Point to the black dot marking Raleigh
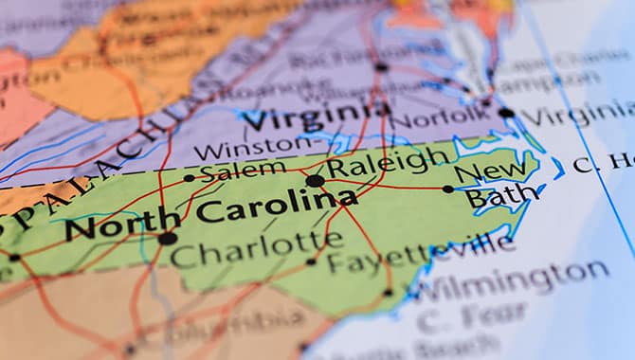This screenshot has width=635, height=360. pyautogui.click(x=315, y=180)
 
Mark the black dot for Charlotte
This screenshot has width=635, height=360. pyautogui.click(x=168, y=238)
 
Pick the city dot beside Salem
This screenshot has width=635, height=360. pyautogui.click(x=190, y=177)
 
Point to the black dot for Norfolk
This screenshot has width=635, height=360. pyautogui.click(x=506, y=113)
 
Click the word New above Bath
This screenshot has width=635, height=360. pyautogui.click(x=490, y=171)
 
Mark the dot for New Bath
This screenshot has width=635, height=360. pyautogui.click(x=448, y=189)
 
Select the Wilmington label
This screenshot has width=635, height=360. pyautogui.click(x=512, y=280)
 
